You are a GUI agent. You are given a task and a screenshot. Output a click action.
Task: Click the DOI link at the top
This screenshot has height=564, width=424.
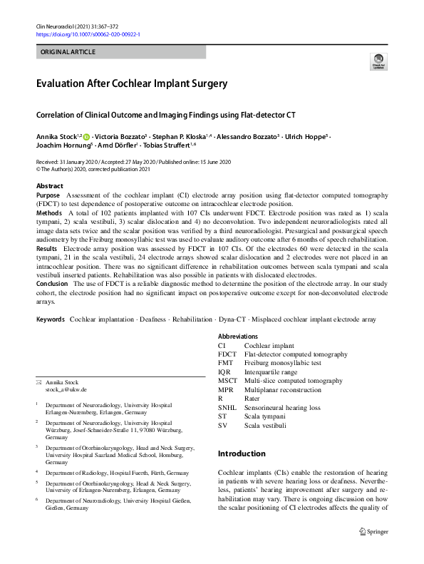point(88,34)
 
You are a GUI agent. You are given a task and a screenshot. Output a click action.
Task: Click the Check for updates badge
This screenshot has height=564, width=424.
point(378,62)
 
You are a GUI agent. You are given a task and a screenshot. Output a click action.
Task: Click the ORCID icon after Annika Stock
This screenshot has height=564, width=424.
point(86,135)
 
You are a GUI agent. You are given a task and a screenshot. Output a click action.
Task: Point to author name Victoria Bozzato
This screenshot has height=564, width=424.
point(119,135)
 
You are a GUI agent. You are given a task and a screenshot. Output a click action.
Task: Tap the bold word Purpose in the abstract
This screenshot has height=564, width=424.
point(48,195)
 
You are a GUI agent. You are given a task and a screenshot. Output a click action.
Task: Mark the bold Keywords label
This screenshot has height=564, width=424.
point(51,319)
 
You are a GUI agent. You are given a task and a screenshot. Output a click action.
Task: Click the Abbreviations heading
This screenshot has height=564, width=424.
point(239,337)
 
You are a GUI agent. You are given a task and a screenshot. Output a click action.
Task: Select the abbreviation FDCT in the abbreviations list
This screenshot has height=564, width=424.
point(227,354)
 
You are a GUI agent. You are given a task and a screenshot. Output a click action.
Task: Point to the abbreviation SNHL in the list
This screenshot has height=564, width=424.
point(228,408)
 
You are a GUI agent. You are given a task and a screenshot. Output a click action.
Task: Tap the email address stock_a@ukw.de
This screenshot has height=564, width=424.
point(66,389)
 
